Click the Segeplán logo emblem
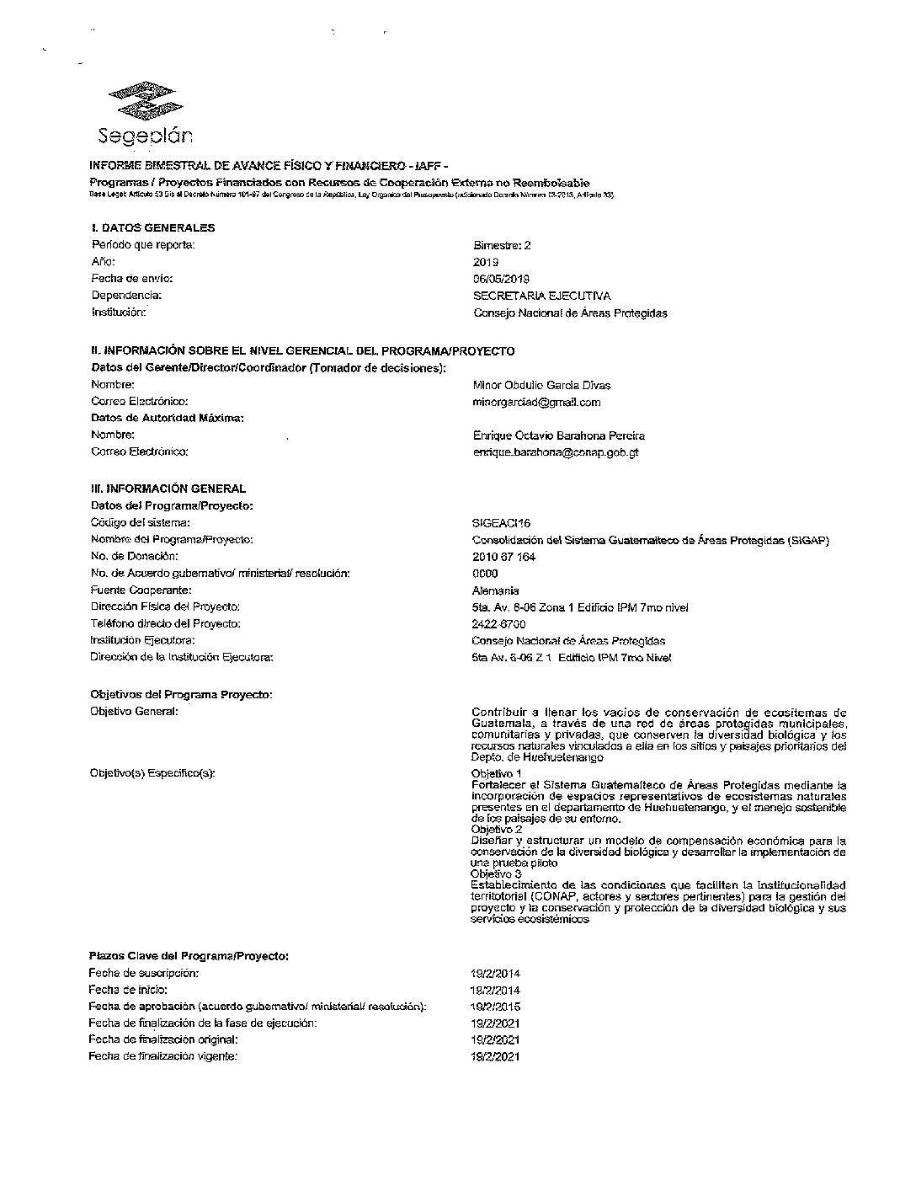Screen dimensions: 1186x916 pos(141,100)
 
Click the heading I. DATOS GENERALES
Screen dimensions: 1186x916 pos(152,227)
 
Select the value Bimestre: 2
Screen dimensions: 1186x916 pos(502,246)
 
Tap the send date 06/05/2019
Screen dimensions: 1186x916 pos(501,279)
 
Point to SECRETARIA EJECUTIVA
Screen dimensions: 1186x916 pos(542,296)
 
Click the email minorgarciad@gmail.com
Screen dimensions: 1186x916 pos(536,403)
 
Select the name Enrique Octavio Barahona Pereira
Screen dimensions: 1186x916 pos(559,436)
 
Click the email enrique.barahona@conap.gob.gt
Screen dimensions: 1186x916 pos(557,452)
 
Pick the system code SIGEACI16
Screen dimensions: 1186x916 pos(501,524)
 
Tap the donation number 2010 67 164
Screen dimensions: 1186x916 pos(503,557)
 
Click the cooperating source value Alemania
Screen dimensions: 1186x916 pos(495,590)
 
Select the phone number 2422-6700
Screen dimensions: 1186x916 pos(498,624)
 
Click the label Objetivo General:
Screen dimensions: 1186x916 pos(134,712)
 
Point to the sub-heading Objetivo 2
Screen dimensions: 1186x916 pos(496,830)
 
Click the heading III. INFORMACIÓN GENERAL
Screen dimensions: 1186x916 pos(168,489)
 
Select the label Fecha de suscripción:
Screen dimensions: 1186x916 pos(143,973)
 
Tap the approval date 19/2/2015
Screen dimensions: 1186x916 pos(495,1007)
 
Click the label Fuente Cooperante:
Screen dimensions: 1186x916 pos(141,590)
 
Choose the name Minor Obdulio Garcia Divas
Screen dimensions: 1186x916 pos(541,386)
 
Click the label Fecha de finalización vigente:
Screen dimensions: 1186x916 pos(162,1056)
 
